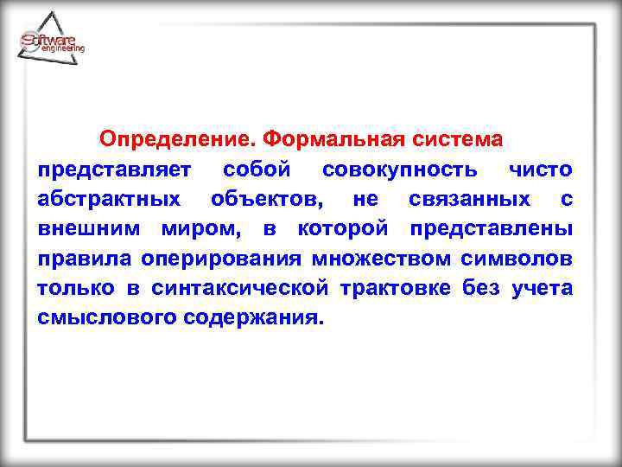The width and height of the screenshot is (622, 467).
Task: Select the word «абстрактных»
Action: click(110, 199)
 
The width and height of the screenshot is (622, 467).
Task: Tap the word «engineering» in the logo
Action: click(63, 50)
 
